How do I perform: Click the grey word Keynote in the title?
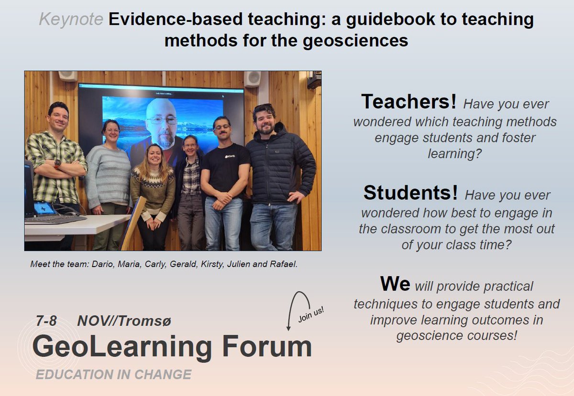(x=71, y=20)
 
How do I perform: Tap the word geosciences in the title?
(x=355, y=40)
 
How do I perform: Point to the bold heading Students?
(x=410, y=193)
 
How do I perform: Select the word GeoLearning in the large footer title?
(x=122, y=347)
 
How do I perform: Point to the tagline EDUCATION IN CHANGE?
(x=113, y=375)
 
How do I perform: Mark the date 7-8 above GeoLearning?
(x=46, y=321)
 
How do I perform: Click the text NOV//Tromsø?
(x=124, y=321)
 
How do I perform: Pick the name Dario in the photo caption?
(x=99, y=264)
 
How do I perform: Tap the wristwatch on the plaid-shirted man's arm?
(x=57, y=164)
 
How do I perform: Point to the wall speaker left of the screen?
(x=67, y=76)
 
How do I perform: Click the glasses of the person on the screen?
(x=162, y=120)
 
